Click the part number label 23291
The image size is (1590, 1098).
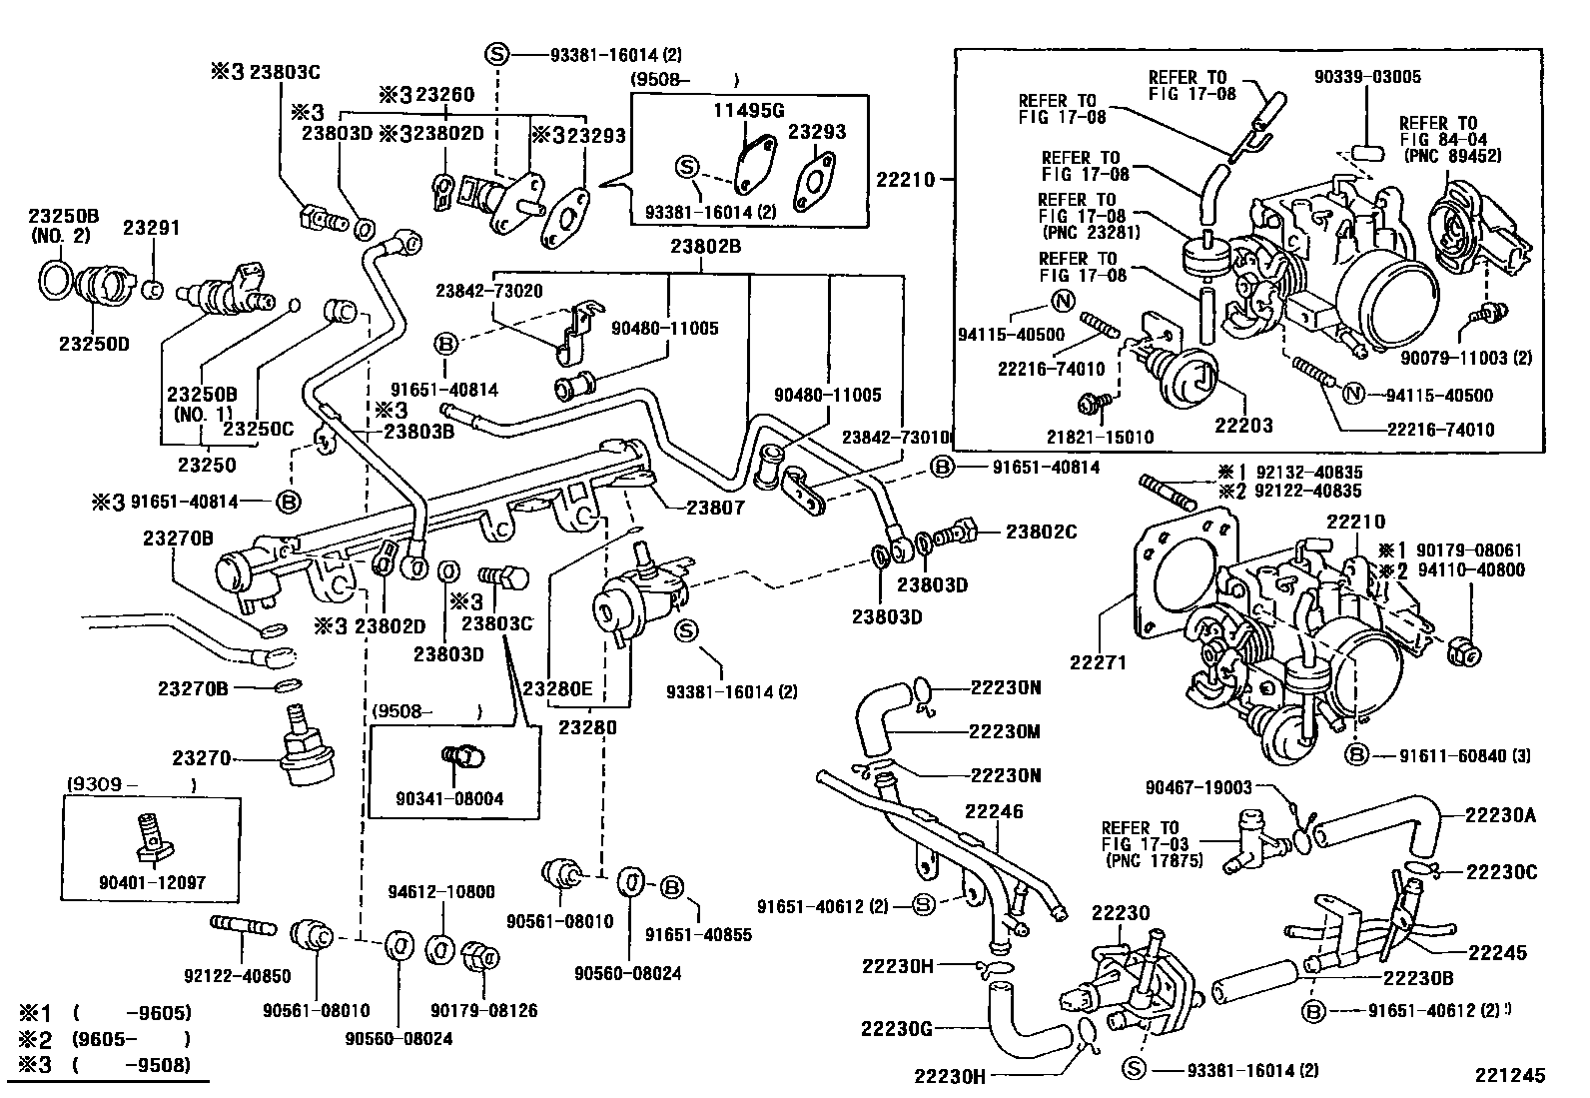click(x=151, y=228)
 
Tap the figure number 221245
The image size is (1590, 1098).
click(x=1510, y=1075)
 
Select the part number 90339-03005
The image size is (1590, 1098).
click(x=1367, y=77)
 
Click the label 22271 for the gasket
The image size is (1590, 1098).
click(x=1098, y=662)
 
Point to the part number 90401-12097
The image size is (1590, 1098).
click(x=152, y=882)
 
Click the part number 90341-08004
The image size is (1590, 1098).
click(x=449, y=798)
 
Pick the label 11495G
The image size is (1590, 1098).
click(x=749, y=111)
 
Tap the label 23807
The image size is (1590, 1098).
click(x=715, y=508)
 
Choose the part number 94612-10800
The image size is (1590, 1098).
click(x=440, y=891)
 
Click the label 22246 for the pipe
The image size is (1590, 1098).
click(x=994, y=811)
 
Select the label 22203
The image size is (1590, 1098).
click(x=1243, y=426)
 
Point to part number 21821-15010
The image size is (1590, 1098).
click(x=1101, y=437)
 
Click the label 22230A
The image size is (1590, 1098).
click(x=1500, y=815)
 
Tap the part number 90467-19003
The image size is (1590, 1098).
click(x=1198, y=787)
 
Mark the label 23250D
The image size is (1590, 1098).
click(x=95, y=344)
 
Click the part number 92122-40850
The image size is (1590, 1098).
click(x=237, y=976)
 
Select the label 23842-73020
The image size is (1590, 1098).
click(x=489, y=291)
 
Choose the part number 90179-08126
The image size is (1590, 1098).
click(x=484, y=1010)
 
